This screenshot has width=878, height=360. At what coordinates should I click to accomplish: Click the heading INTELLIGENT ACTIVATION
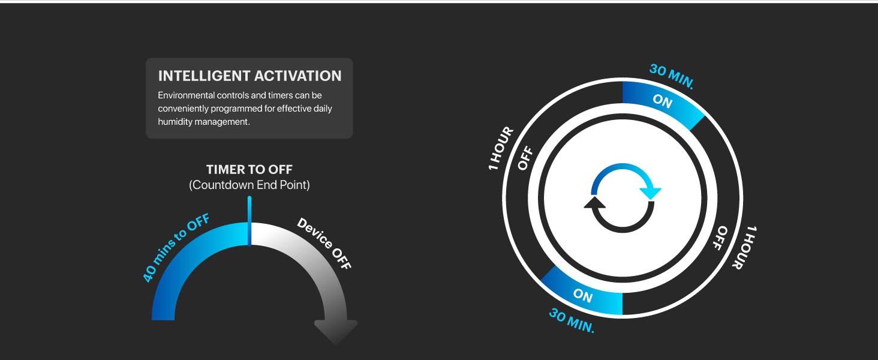coord(249,76)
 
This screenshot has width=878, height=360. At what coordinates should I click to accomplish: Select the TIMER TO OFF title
coord(249,169)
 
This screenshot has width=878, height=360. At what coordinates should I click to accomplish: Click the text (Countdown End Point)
coord(249,185)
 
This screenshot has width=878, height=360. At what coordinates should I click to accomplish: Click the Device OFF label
coord(324,243)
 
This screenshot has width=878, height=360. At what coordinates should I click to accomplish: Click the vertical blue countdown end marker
coord(249,221)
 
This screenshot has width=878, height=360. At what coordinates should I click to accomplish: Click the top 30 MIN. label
coord(672,76)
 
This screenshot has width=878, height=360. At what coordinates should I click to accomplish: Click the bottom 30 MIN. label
coord(572,320)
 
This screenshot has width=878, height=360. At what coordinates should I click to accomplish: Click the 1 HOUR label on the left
coord(501,148)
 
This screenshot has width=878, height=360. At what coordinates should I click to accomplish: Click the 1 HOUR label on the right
coord(745,247)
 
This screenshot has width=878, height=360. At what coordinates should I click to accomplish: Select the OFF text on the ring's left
coord(525,158)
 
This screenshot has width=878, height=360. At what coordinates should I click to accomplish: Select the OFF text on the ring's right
coord(720,238)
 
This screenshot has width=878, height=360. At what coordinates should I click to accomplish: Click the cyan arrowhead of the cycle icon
coord(651,193)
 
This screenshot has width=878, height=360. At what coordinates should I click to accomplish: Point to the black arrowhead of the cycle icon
coord(594,202)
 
